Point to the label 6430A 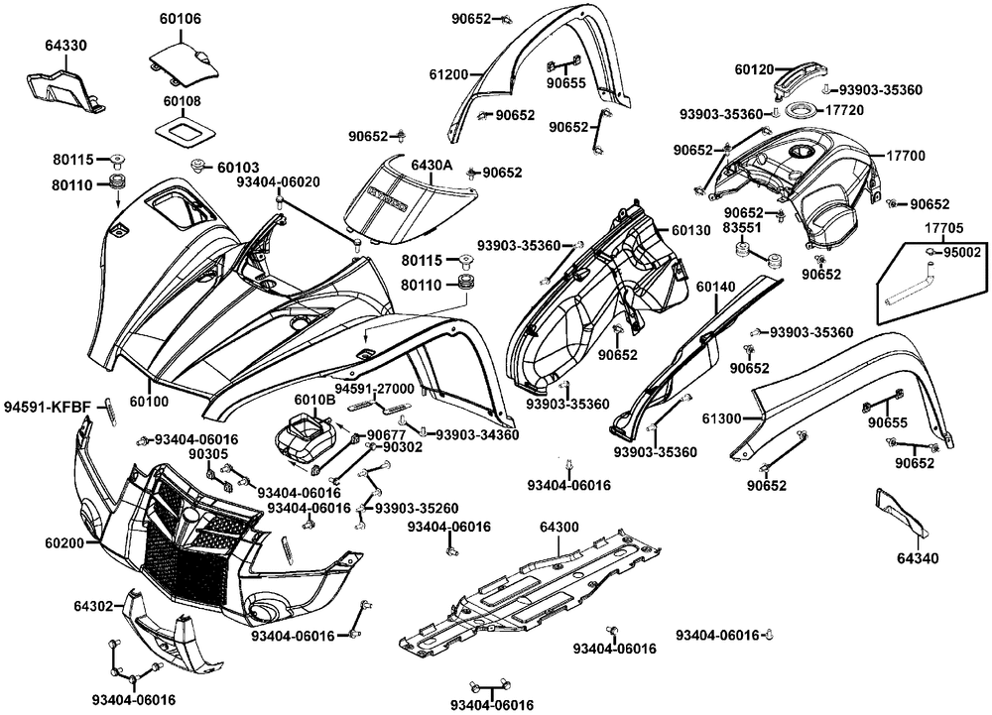[x=432, y=165]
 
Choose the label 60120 [x=755, y=69]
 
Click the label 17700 [x=905, y=156]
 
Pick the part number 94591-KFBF [x=47, y=406]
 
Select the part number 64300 [x=559, y=526]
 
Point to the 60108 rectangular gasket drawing [x=181, y=130]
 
